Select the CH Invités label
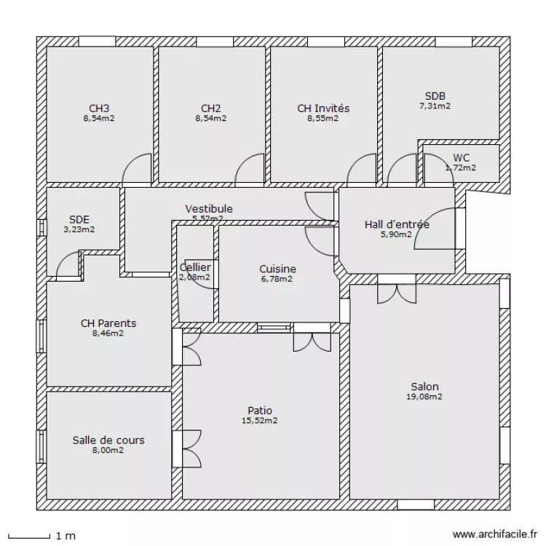(x=323, y=108)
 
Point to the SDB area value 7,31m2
(x=435, y=106)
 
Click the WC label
(x=461, y=158)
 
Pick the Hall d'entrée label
(x=397, y=224)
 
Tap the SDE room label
(x=79, y=218)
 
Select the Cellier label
(x=195, y=267)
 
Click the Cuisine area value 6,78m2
(x=277, y=278)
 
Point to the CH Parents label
(x=108, y=323)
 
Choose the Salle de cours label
(x=108, y=440)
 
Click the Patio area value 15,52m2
(x=260, y=421)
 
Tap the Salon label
(x=424, y=387)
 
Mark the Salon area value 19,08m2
(x=424, y=397)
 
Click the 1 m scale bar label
(x=66, y=537)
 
